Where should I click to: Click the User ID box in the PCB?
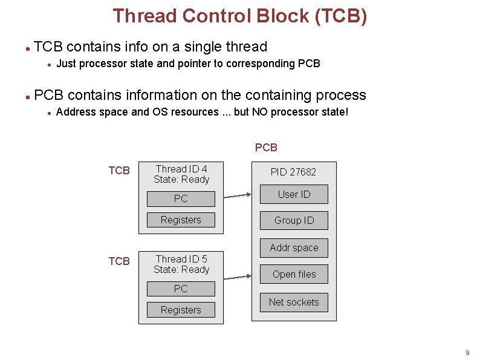(x=294, y=194)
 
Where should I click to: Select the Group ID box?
(x=294, y=220)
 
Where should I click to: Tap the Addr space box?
(x=294, y=247)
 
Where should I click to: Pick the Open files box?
(x=294, y=274)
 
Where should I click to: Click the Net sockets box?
(x=294, y=302)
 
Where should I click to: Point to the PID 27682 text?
(x=293, y=172)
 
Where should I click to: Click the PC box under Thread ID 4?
(x=181, y=198)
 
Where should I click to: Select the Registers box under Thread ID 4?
(x=181, y=220)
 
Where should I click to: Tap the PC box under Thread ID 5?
(x=181, y=289)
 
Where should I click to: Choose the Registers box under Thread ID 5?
(x=181, y=310)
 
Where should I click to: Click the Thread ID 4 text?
(x=181, y=169)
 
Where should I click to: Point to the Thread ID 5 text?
(x=181, y=259)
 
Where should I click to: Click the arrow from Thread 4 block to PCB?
(x=237, y=195)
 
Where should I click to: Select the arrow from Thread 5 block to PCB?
(x=237, y=277)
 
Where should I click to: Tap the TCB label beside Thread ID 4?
(x=119, y=171)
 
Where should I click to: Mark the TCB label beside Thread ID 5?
(x=119, y=261)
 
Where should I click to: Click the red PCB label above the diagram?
(x=266, y=148)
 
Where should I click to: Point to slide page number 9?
(x=467, y=353)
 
